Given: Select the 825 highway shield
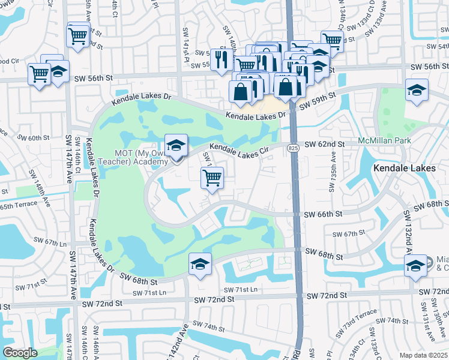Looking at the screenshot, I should click(293, 148).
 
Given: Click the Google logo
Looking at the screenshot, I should click(20, 352).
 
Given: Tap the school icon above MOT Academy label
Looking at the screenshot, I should click(176, 146).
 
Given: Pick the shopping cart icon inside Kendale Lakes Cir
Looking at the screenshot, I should click(212, 177).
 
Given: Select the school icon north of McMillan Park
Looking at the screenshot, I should click(417, 91).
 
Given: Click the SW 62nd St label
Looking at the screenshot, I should click(325, 145).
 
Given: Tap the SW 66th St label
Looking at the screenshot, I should click(322, 214).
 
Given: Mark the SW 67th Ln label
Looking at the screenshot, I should click(49, 242).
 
